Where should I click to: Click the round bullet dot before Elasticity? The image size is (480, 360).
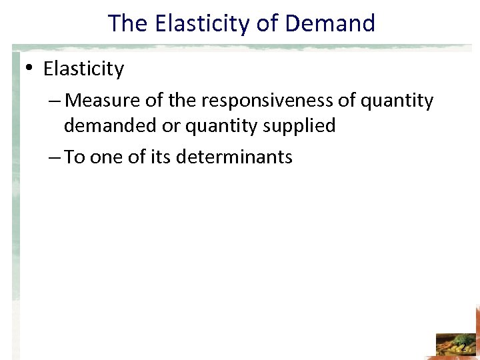click(31, 69)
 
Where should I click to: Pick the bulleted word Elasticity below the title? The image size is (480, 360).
click(83, 69)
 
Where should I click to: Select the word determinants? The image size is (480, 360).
click(227, 157)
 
